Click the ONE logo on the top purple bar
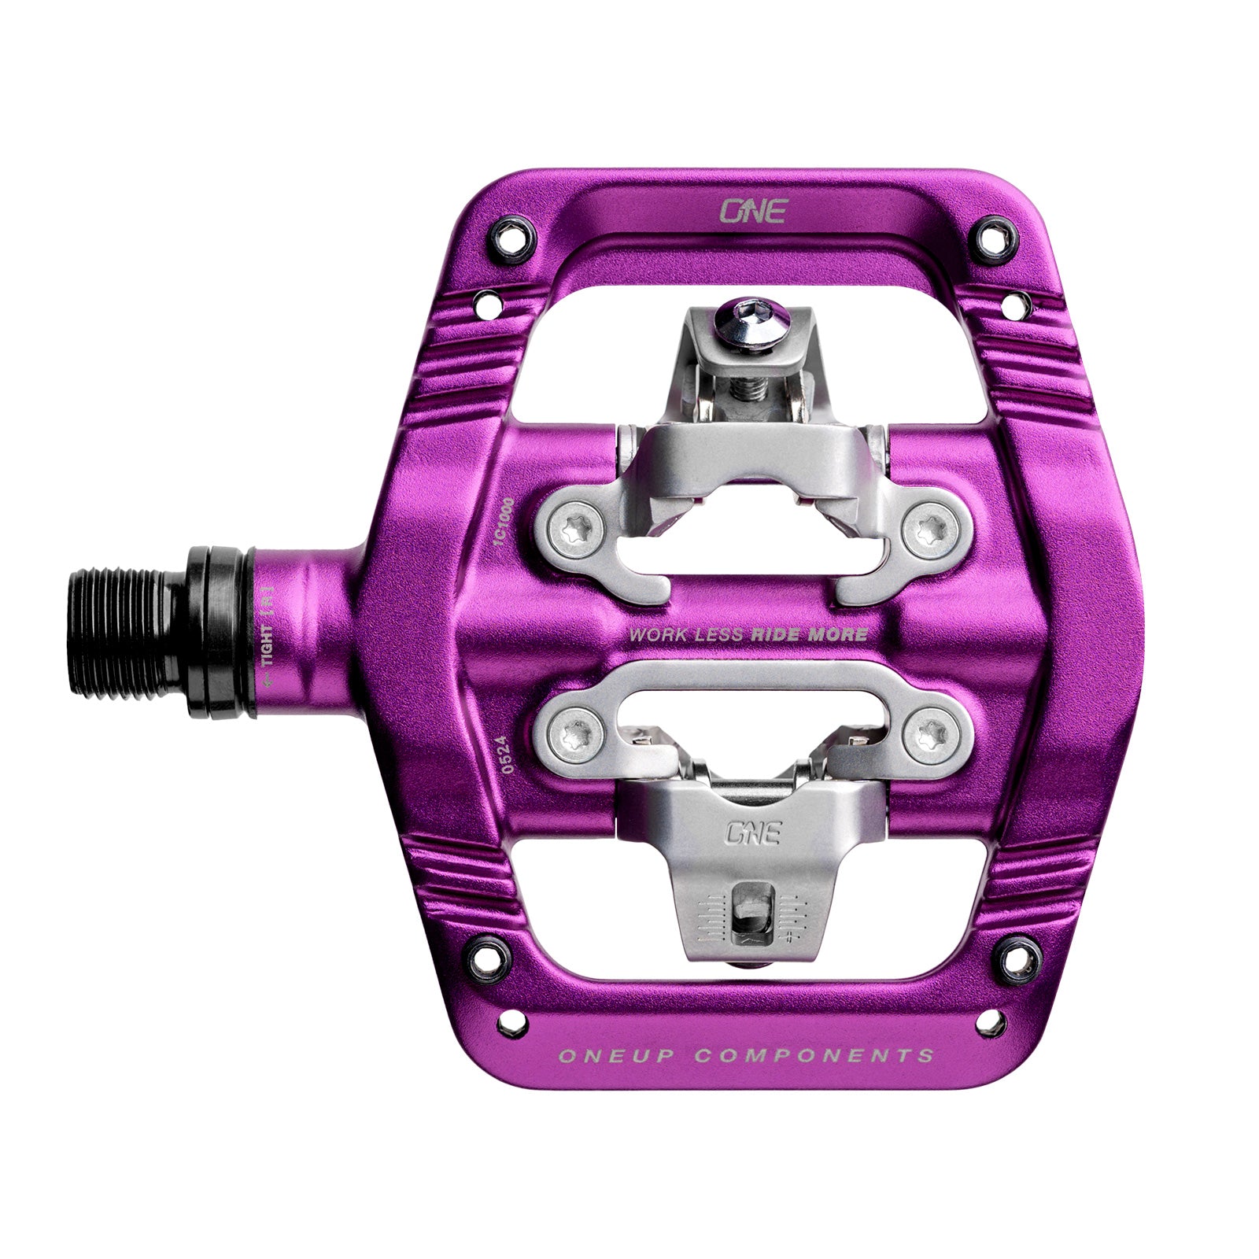click(753, 210)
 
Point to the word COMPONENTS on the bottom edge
click(814, 1055)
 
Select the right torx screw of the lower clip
click(930, 734)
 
